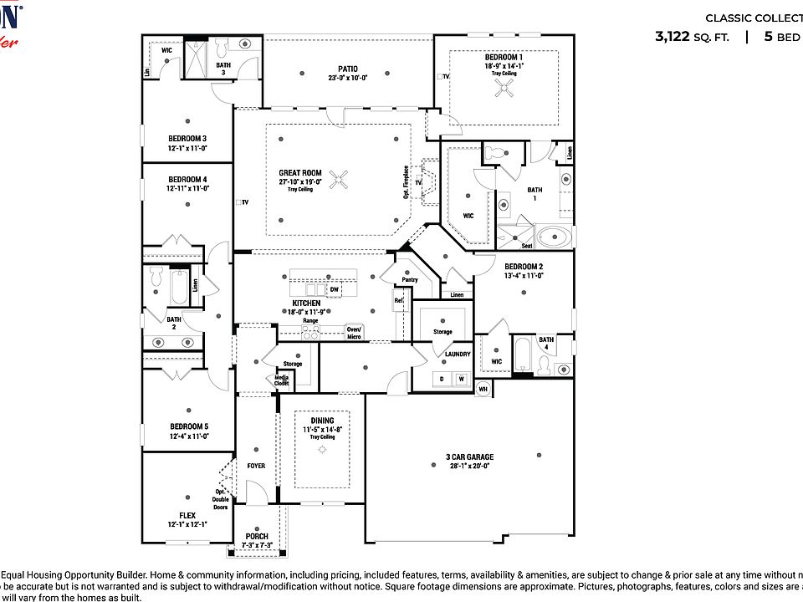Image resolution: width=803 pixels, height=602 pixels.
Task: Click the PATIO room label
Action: coord(348,69)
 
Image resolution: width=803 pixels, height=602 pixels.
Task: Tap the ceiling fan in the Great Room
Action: coord(340,179)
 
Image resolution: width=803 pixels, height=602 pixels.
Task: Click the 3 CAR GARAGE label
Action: coord(469,457)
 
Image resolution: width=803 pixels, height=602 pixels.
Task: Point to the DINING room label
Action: coord(322,421)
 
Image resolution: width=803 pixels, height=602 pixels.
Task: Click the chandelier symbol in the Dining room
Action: coord(322,450)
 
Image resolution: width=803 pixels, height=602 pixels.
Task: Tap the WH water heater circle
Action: coord(483,389)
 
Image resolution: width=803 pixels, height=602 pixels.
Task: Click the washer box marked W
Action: coord(460,379)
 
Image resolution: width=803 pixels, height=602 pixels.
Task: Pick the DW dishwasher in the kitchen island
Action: coord(334,289)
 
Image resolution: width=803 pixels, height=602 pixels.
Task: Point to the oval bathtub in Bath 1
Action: coord(554,237)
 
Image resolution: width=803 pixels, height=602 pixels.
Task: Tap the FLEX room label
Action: coord(187,515)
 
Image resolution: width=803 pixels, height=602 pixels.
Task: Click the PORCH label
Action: coord(257,536)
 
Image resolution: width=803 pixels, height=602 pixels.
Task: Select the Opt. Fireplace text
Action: coord(407,181)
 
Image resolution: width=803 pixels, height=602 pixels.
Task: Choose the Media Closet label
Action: coord(282,381)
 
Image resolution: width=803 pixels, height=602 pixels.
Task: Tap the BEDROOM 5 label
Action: coord(187,426)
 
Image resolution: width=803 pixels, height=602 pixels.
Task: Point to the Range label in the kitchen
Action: coord(309,320)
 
